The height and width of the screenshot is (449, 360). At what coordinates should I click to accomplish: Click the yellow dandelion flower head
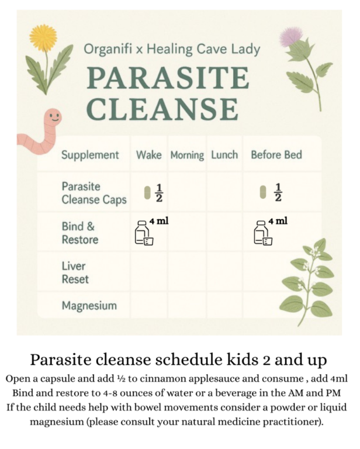tap(43, 37)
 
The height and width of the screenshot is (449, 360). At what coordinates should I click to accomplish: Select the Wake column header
tap(149, 155)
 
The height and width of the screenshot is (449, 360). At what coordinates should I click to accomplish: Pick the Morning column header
tap(187, 156)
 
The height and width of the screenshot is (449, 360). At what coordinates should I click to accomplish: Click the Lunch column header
tap(224, 155)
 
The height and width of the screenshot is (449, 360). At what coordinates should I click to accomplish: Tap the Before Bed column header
tap(276, 155)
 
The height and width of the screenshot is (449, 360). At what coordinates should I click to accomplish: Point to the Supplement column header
tap(90, 156)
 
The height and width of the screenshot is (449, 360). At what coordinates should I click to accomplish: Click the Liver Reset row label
tap(75, 272)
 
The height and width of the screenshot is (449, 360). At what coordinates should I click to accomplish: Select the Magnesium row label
tap(89, 306)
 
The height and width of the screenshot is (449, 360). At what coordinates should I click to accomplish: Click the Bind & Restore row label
tap(80, 233)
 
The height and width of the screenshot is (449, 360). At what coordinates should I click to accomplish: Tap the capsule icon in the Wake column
tap(147, 193)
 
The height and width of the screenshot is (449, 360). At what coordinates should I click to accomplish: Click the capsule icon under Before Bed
tap(263, 192)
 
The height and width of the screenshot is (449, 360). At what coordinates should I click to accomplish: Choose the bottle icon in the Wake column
tap(144, 233)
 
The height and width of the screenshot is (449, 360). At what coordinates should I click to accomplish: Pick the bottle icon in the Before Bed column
tap(263, 233)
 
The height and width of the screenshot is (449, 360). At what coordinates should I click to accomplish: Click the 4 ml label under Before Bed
tap(278, 221)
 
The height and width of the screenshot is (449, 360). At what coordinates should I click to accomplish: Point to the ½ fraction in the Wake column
tap(160, 193)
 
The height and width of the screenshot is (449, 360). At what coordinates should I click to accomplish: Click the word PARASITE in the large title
tap(168, 77)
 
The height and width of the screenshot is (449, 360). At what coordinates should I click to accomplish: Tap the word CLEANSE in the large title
tap(162, 109)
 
